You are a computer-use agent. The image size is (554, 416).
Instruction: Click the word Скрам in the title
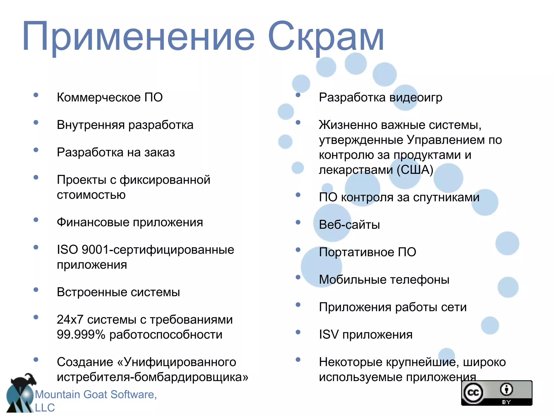(x=326, y=37)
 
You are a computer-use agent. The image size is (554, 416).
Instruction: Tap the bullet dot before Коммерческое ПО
(x=36, y=95)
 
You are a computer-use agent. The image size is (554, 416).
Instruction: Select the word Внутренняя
(x=90, y=125)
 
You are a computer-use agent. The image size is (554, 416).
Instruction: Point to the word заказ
(x=159, y=152)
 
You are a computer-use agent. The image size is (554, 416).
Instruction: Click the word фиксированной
(x=165, y=180)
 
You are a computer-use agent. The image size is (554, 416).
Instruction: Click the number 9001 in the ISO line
(x=95, y=250)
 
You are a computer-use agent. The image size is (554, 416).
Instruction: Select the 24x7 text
(x=70, y=320)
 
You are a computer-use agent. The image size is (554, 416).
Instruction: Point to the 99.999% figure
(x=81, y=335)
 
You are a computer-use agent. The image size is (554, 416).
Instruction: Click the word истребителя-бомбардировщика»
(x=152, y=377)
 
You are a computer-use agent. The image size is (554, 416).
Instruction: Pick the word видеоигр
(x=416, y=97)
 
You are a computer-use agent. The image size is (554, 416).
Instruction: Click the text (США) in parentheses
(x=415, y=170)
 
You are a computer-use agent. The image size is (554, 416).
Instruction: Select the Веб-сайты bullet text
(x=349, y=225)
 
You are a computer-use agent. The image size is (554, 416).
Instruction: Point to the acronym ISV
(x=329, y=335)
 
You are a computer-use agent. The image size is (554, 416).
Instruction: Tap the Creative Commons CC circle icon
(x=473, y=392)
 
